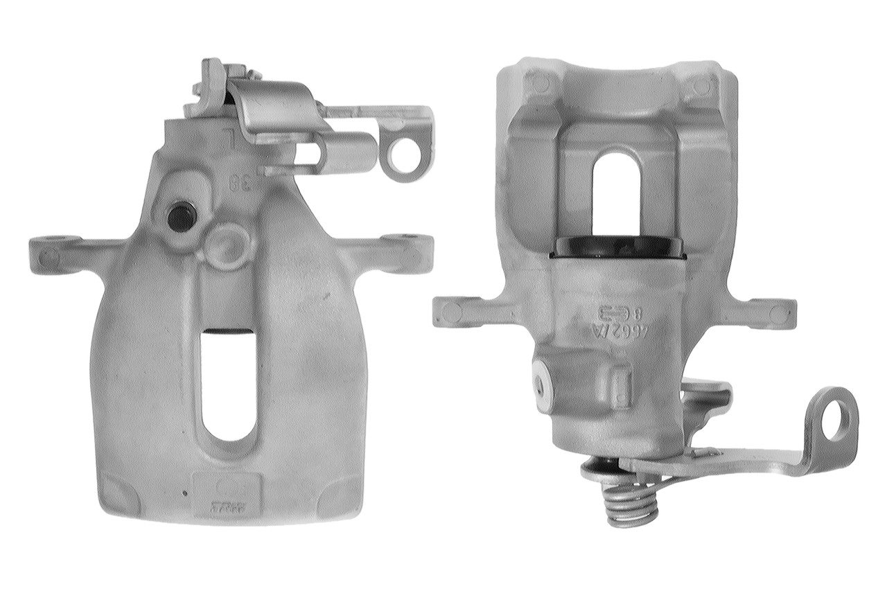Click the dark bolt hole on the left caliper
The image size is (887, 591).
180,217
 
